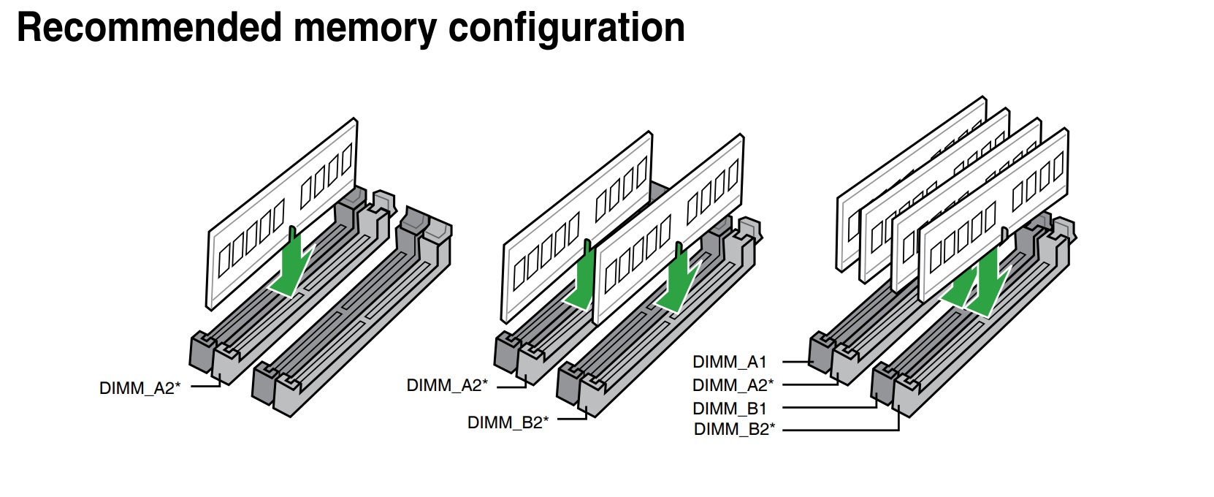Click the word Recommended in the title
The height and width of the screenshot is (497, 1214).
point(148,28)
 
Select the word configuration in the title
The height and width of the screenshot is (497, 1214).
point(566,28)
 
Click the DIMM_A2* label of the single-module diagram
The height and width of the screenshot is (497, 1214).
point(140,388)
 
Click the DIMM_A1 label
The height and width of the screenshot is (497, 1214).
point(730,362)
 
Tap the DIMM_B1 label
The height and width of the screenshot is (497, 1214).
point(730,408)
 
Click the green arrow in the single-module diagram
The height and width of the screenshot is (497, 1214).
point(292,267)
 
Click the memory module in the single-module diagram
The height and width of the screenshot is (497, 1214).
point(281,212)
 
